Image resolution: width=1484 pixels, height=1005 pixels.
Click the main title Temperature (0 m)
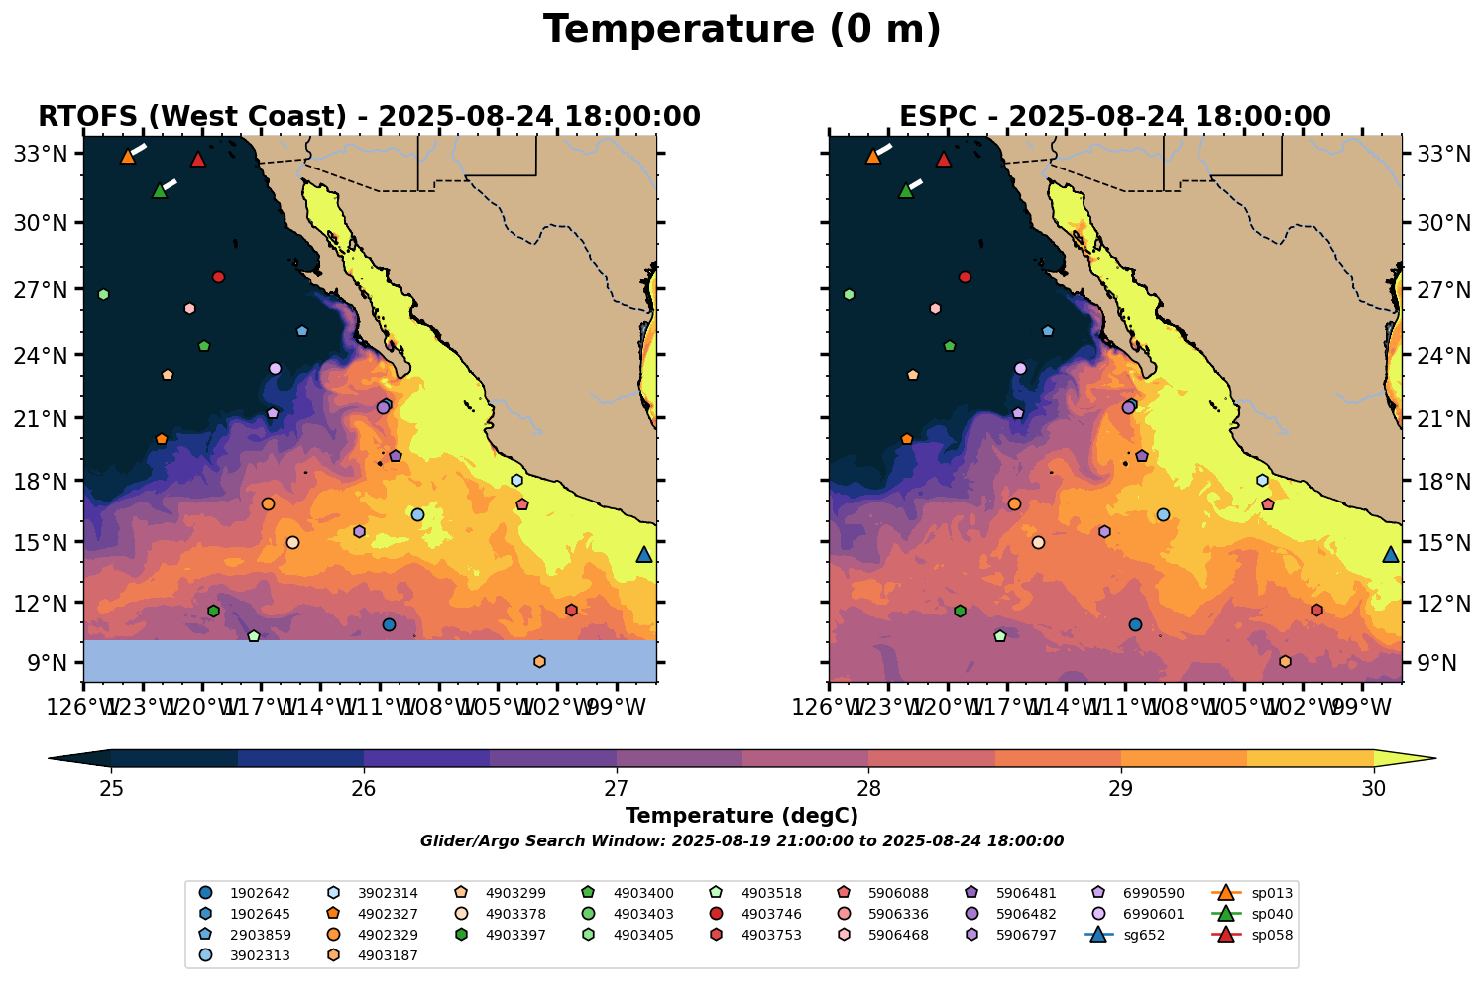(x=742, y=30)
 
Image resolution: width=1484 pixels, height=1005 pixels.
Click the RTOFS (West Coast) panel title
(x=369, y=117)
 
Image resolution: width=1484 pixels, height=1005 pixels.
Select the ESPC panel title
(x=1114, y=117)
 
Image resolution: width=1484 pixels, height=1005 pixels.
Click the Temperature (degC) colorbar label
(x=742, y=816)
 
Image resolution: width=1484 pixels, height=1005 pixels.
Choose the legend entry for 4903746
(x=754, y=914)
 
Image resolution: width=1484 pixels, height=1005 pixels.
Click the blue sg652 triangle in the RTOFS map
(x=644, y=555)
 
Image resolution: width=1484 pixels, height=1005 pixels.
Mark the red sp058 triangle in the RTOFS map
(x=198, y=160)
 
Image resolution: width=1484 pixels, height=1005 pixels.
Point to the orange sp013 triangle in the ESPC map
(x=873, y=157)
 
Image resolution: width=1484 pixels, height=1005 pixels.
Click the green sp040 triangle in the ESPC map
(x=905, y=191)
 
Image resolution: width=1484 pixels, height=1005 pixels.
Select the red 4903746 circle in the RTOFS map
(x=219, y=277)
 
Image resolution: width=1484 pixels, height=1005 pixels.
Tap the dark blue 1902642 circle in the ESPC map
(x=1135, y=624)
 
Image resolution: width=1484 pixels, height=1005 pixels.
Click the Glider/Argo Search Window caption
(x=742, y=841)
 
